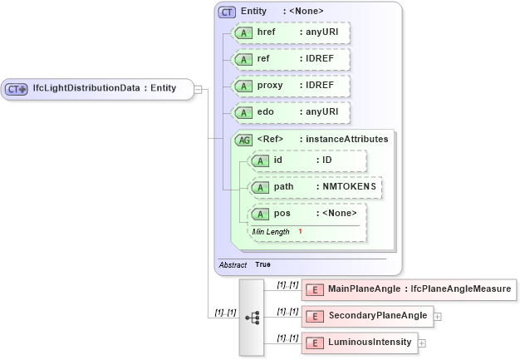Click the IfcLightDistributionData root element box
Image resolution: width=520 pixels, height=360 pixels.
(x=97, y=89)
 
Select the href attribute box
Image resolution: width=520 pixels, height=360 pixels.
(x=291, y=32)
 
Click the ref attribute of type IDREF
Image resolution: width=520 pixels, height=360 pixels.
(x=291, y=60)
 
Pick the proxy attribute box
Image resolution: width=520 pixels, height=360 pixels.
(x=291, y=86)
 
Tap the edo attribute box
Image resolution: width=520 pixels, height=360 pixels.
(x=291, y=113)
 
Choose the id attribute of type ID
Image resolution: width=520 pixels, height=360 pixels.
(x=307, y=160)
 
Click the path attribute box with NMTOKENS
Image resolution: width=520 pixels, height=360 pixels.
(x=316, y=188)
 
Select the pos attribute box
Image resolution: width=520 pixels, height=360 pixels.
(x=307, y=215)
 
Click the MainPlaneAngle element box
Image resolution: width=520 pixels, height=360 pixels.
(x=409, y=289)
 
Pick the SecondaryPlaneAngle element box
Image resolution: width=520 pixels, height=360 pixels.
(x=366, y=316)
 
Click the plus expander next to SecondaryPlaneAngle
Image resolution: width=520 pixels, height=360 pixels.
(x=437, y=317)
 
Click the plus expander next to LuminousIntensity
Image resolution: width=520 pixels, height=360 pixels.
(x=422, y=343)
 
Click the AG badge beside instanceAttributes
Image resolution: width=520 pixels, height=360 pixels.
(x=244, y=140)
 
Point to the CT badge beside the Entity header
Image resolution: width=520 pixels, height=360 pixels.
(x=227, y=12)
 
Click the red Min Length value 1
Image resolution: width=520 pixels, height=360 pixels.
(x=300, y=231)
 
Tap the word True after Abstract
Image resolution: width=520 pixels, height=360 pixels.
(x=262, y=264)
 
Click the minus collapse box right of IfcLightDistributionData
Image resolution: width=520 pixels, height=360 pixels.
(x=199, y=89)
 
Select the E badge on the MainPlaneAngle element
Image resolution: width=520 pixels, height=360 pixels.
(x=315, y=289)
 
